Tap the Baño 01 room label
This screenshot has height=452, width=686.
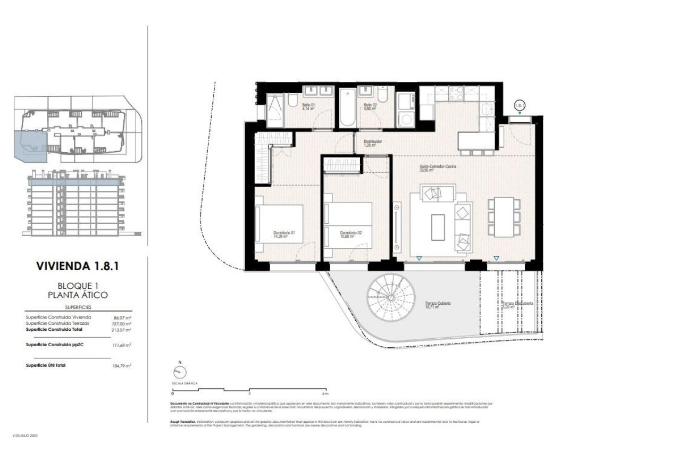tap(309, 107)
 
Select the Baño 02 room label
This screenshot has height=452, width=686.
tap(370, 107)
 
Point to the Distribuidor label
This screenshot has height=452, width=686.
tap(370, 143)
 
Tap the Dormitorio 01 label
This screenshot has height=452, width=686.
tap(283, 235)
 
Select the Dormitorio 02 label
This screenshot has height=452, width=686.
tap(350, 235)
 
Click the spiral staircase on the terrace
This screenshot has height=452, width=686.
tap(393, 301)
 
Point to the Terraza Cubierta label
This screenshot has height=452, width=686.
tap(438, 305)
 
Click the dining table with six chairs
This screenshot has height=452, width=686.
tap(504, 217)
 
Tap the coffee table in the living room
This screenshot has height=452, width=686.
tap(439, 227)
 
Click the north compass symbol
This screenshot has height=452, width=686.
tap(179, 373)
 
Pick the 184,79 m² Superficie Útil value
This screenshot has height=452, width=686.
tap(123, 366)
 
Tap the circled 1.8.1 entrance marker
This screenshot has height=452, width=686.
tap(520, 106)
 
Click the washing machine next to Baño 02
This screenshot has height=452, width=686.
tap(407, 118)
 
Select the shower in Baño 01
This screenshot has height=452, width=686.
tap(277, 110)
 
